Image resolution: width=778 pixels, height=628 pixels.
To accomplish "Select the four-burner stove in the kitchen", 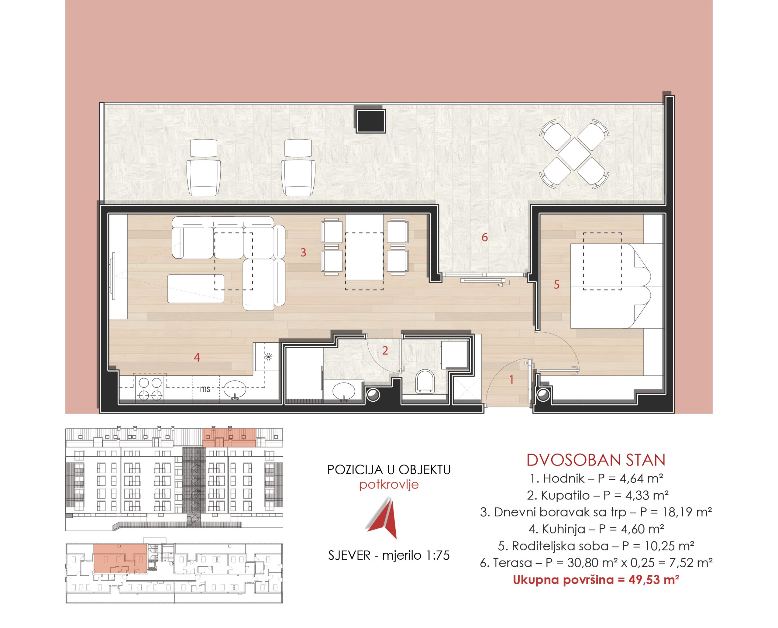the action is [x=150, y=389].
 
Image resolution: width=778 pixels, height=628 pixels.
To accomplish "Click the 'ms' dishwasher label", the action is [x=205, y=389].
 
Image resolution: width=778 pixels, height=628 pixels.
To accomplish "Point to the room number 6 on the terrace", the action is [x=484, y=237].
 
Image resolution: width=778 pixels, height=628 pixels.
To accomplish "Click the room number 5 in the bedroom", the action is [x=556, y=284].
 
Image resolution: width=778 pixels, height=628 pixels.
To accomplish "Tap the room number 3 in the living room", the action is [x=303, y=252].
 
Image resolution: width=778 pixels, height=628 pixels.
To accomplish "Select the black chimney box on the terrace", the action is [x=370, y=121].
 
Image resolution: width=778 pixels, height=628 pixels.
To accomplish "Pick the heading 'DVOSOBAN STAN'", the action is [x=596, y=460].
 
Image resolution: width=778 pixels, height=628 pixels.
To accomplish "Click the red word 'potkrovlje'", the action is [x=389, y=485].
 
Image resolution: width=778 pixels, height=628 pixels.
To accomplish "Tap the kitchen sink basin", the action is [x=235, y=389].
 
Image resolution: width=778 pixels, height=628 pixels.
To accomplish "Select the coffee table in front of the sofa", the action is [x=196, y=289].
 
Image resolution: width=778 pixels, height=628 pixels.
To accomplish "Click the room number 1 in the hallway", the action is [x=511, y=379].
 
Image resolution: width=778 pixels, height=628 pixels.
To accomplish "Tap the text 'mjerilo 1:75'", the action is [x=416, y=555].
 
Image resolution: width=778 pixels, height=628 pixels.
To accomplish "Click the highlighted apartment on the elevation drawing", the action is [x=229, y=438].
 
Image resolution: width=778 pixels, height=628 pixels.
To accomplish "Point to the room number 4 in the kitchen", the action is [x=197, y=357].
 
